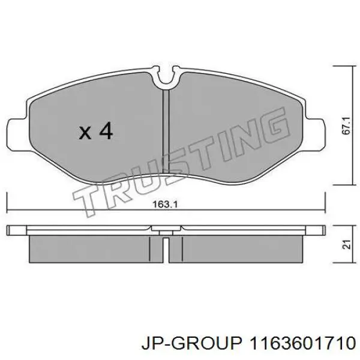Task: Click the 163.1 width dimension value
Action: point(166,204)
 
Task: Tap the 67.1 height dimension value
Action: point(347,125)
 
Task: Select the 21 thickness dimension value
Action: point(347,245)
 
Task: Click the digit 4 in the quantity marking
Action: point(106,131)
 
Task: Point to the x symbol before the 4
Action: point(85,133)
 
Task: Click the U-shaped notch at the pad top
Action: point(166,77)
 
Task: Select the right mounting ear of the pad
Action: point(315,134)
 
